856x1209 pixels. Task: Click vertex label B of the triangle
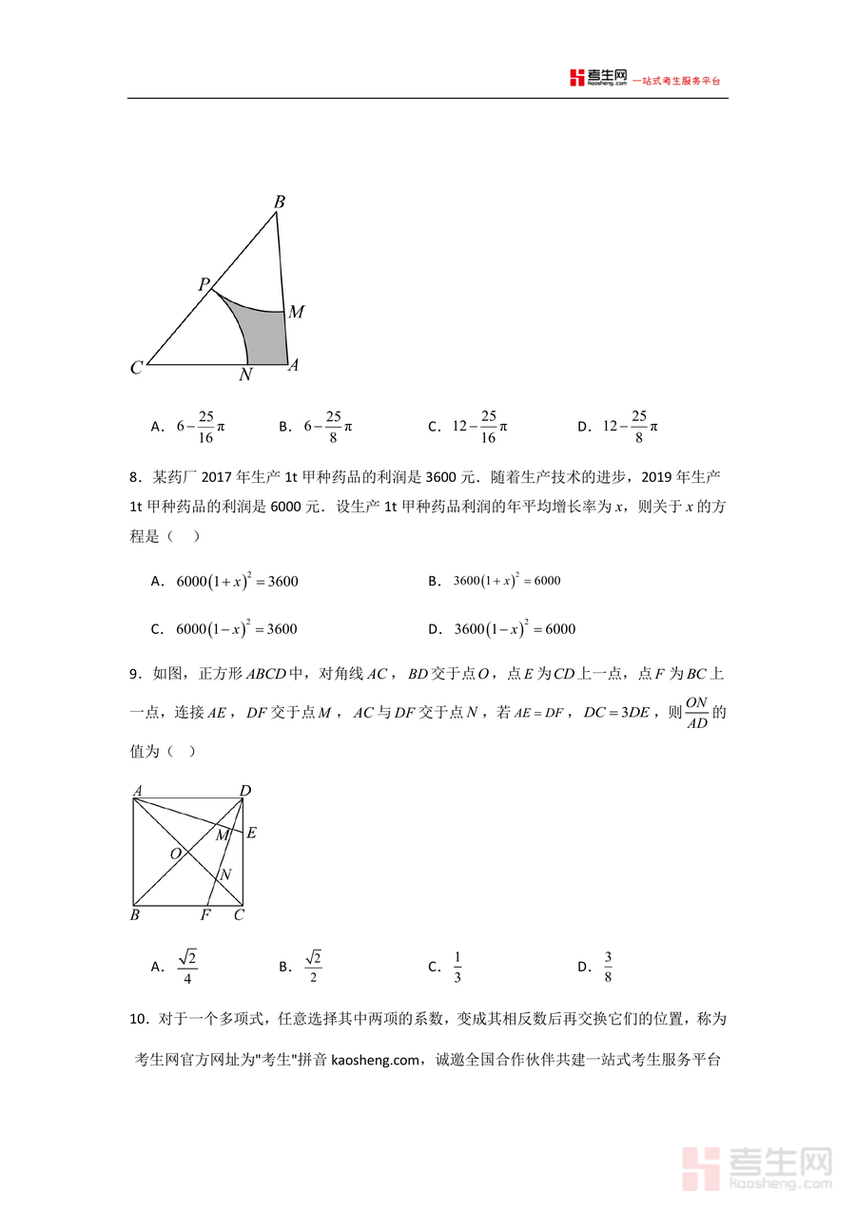pyautogui.click(x=280, y=201)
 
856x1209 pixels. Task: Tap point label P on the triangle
pyautogui.click(x=204, y=284)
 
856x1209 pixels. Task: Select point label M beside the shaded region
pyautogui.click(x=296, y=312)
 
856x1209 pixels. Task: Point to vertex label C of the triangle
pyautogui.click(x=137, y=368)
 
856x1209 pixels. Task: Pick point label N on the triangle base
pyautogui.click(x=245, y=374)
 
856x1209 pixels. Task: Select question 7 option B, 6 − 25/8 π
pyautogui.click(x=327, y=427)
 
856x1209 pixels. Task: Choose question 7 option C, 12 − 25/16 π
pyautogui.click(x=479, y=427)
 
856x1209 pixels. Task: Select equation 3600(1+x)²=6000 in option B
pyautogui.click(x=507, y=580)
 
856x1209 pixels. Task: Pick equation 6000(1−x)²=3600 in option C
pyautogui.click(x=237, y=628)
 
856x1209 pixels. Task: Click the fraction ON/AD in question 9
pyautogui.click(x=697, y=713)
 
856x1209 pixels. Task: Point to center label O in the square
pyautogui.click(x=176, y=854)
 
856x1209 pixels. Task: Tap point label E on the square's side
pyautogui.click(x=251, y=834)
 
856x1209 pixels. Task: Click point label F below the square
pyautogui.click(x=204, y=916)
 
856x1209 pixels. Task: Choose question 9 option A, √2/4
pyautogui.click(x=187, y=967)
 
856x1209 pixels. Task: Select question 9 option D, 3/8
pyautogui.click(x=608, y=967)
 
